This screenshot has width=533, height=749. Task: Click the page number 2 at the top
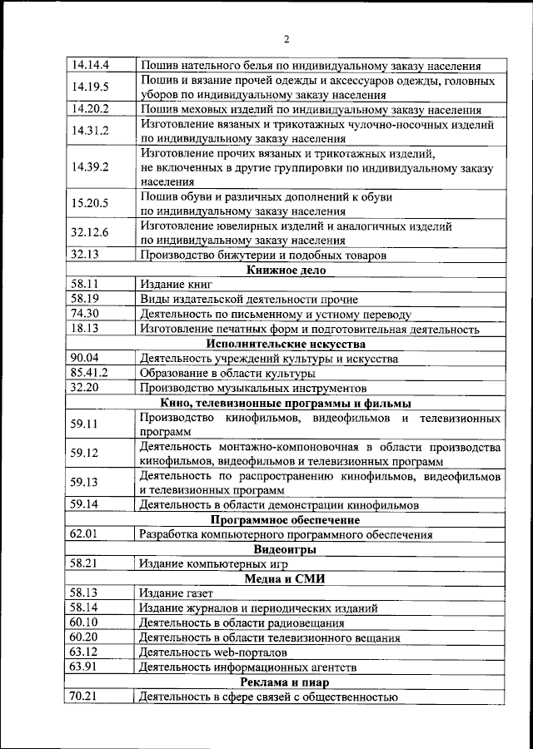[x=286, y=39]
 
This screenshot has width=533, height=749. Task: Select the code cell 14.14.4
[x=91, y=64]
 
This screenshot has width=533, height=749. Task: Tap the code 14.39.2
[x=91, y=166]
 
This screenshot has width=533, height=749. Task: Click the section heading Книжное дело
[x=286, y=270]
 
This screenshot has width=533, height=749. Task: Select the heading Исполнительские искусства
[x=286, y=344]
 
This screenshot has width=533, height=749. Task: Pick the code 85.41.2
[x=89, y=373]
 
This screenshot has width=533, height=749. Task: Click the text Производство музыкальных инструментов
[x=252, y=388]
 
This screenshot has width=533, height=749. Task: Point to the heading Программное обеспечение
[x=286, y=520]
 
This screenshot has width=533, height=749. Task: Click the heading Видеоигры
[x=286, y=549]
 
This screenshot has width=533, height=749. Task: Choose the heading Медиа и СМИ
[x=286, y=578]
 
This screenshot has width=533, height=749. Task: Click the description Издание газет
[x=177, y=593]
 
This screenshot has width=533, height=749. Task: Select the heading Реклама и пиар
[x=286, y=682]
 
